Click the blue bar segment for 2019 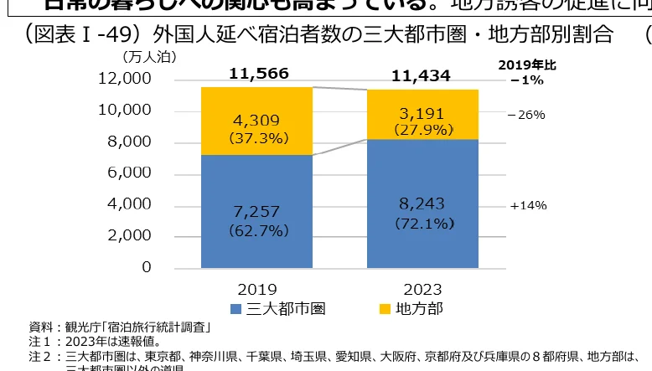(x=256, y=211)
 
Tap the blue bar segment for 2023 (x=422, y=204)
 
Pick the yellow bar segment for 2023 (x=422, y=114)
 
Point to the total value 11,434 (x=422, y=76)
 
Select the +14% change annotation (x=528, y=205)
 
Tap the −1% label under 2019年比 (x=526, y=80)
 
